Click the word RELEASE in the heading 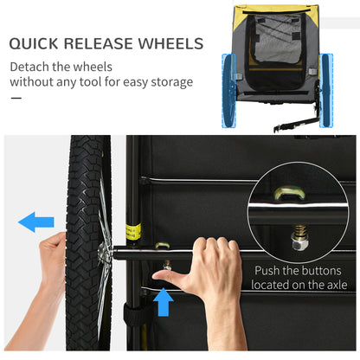(99, 43)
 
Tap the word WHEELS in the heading (170, 43)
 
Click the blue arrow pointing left (36, 222)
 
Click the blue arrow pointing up (164, 302)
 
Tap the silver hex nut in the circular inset (300, 244)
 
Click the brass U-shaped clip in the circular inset (289, 193)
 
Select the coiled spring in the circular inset (300, 231)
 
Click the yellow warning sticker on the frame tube (133, 231)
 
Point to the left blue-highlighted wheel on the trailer (229, 91)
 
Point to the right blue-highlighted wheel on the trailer (326, 90)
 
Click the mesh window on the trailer (276, 39)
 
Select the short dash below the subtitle (16, 98)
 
